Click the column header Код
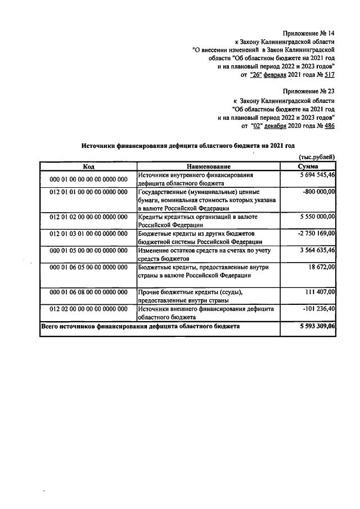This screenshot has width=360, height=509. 88,167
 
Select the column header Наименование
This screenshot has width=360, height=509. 209,167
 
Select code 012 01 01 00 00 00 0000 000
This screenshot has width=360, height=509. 88,192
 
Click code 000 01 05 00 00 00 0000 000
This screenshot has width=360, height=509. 88,250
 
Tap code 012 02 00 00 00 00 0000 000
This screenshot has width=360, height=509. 88,309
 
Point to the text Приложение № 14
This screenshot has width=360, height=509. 308,33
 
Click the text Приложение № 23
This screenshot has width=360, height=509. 308,91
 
